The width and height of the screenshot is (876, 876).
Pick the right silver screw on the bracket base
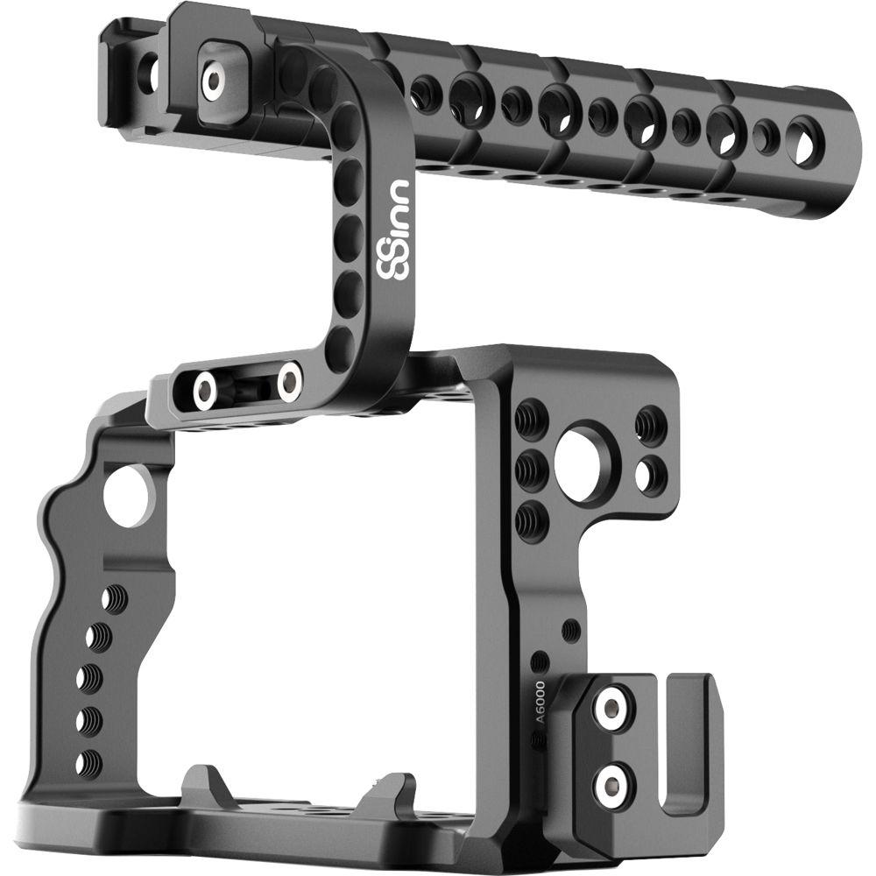click(x=289, y=380)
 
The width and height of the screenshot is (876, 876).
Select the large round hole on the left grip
click(x=128, y=496)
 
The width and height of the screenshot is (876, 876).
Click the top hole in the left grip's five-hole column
click(x=115, y=600)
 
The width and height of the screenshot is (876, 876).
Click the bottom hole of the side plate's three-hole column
click(x=531, y=520)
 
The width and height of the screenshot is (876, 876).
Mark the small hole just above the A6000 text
click(x=540, y=662)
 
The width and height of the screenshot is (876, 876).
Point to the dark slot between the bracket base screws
click(x=248, y=385)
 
